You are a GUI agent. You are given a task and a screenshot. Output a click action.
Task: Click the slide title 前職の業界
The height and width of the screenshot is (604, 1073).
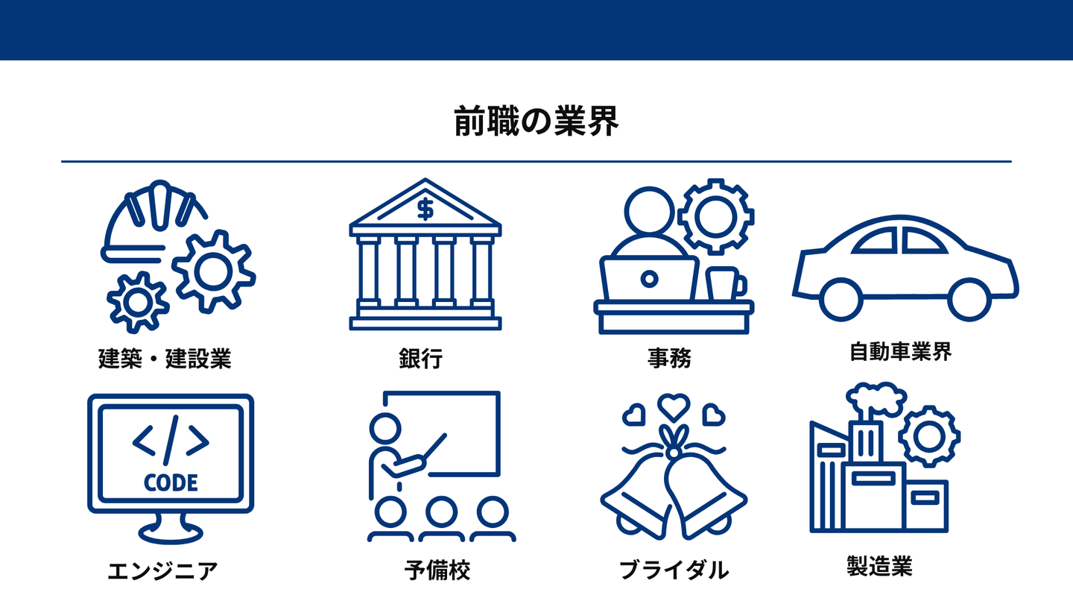536,122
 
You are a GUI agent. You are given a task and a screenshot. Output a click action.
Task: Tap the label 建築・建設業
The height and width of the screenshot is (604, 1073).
165,359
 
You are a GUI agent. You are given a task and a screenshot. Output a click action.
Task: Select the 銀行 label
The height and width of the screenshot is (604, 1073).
421,359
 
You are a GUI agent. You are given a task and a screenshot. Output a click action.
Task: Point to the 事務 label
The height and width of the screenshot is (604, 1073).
669,359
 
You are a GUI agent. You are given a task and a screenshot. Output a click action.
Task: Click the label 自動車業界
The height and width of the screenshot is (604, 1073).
901,351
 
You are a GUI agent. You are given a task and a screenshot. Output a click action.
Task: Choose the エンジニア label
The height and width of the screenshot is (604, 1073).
163,572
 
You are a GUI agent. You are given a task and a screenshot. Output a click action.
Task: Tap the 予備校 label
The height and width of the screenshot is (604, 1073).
437,571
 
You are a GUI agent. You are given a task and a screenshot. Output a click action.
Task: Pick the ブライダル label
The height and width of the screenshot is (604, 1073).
674,571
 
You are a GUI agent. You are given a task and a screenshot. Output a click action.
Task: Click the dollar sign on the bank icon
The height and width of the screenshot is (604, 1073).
425,210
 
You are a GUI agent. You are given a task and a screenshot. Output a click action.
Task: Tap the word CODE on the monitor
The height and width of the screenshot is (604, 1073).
171,482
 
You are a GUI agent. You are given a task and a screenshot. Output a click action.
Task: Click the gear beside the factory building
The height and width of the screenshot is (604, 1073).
928,435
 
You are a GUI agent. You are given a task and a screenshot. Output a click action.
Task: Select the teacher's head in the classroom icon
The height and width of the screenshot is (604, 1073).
385,428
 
